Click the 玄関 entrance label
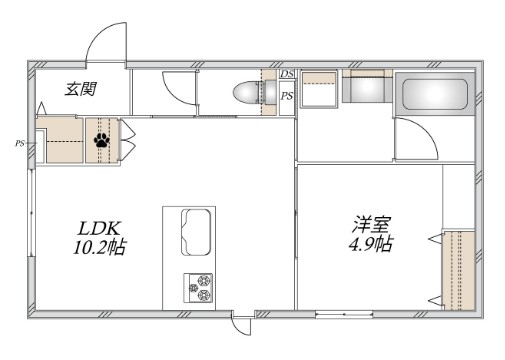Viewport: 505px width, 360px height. point(81,89)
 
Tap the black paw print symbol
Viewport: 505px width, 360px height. point(102,141)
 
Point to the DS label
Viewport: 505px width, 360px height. point(287,75)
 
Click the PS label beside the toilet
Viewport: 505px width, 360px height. point(287,96)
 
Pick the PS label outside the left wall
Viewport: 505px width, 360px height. point(19,144)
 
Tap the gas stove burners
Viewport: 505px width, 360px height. point(196,287)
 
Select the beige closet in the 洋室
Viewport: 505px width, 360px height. point(459,268)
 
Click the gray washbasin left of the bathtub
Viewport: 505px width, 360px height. point(364,91)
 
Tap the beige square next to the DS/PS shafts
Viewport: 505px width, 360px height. point(319,91)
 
